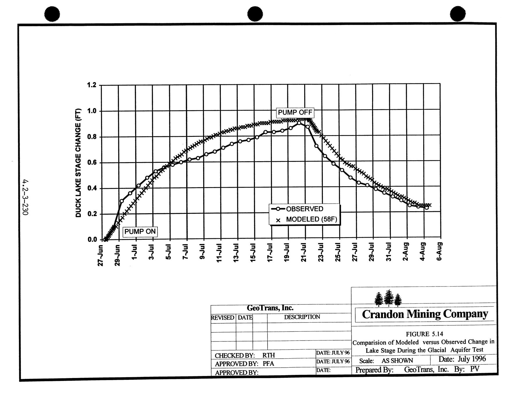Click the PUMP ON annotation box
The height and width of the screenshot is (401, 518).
pyautogui.click(x=140, y=232)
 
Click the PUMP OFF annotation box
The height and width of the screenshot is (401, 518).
pyautogui.click(x=295, y=112)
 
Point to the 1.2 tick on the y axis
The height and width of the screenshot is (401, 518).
pyautogui.click(x=92, y=85)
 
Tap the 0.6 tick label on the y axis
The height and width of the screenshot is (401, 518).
pyautogui.click(x=92, y=162)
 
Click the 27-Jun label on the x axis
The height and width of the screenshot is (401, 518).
pyautogui.click(x=100, y=255)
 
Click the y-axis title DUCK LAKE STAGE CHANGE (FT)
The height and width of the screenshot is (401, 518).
pyautogui.click(x=78, y=163)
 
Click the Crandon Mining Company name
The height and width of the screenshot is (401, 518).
pyautogui.click(x=425, y=314)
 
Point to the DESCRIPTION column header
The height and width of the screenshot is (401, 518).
pyautogui.click(x=302, y=317)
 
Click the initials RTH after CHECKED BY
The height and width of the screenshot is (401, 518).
pyautogui.click(x=268, y=355)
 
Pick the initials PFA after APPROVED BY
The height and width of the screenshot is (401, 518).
pyautogui.click(x=268, y=364)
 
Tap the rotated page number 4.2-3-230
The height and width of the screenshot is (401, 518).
pyautogui.click(x=25, y=197)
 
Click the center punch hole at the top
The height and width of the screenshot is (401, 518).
pyautogui.click(x=255, y=14)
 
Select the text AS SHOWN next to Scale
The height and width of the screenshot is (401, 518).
pyautogui.click(x=397, y=361)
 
